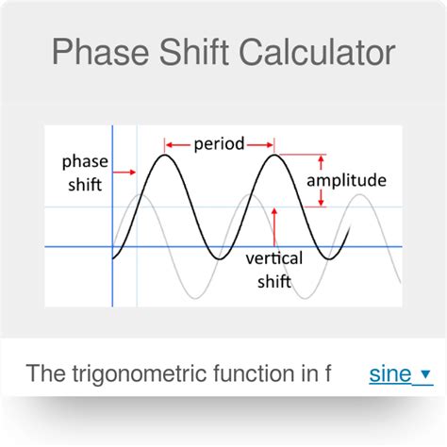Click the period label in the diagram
pos(220,144)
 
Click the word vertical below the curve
pos(273,257)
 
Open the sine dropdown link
pos(389,373)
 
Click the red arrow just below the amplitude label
pos(322,196)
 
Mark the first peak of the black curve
pos(166,155)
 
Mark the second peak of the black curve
pos(274,155)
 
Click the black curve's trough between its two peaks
pos(220,259)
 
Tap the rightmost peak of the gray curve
pos(358,195)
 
